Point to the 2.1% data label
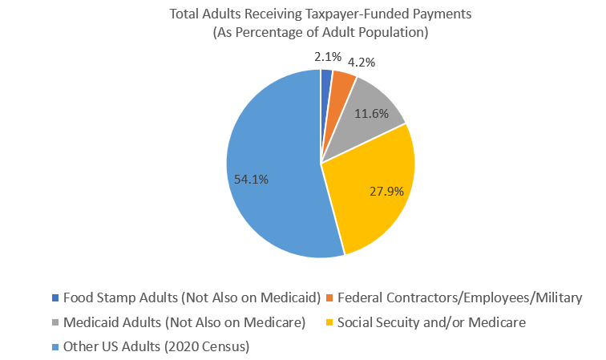(328, 56)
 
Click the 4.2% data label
(362, 61)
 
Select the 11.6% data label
(373, 114)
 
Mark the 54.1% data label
(251, 180)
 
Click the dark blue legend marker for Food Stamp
(55, 297)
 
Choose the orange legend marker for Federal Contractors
(330, 297)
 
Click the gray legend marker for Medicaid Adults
(55, 322)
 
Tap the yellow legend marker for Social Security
(330, 322)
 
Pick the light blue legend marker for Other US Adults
(55, 346)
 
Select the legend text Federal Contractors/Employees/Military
(459, 297)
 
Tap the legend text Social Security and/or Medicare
(431, 322)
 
